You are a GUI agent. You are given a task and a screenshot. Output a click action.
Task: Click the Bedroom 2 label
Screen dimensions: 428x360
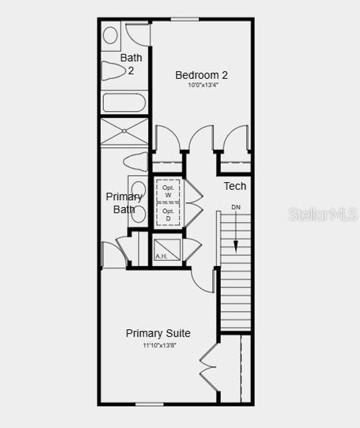pos(201,75)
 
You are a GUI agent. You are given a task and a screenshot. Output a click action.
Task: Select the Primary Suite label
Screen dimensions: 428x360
pos(158,333)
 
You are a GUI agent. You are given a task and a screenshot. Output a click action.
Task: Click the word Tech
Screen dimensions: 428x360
pos(235,186)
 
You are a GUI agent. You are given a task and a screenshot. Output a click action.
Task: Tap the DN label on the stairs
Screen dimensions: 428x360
pos(236,207)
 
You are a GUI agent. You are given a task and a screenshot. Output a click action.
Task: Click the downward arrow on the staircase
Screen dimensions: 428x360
pos(236,234)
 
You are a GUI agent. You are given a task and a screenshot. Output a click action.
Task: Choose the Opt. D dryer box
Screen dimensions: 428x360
pos(168,214)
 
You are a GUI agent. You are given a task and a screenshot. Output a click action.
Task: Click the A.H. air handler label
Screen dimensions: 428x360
pos(161,256)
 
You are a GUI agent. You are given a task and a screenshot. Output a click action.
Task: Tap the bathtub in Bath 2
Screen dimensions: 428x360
pos(124,103)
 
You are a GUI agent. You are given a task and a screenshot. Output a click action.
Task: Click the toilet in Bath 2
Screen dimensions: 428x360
pos(114,71)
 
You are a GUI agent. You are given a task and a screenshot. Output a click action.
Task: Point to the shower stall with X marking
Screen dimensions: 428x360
pos(124,132)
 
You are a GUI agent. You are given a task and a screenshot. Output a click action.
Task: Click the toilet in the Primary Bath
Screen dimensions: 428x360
pos(135,162)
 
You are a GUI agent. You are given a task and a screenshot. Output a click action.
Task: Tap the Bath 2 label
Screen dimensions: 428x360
pos(132,64)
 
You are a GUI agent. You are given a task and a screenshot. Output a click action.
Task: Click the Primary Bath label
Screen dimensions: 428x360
pos(124,203)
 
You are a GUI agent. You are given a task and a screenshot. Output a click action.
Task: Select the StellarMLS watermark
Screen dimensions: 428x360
pos(323,215)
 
